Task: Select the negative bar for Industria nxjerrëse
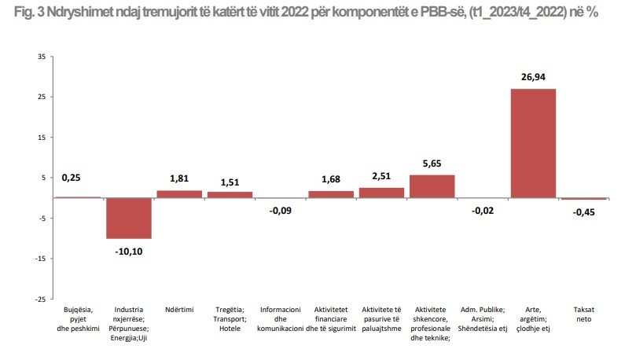pyautogui.click(x=129, y=217)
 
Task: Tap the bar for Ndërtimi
pyautogui.click(x=179, y=193)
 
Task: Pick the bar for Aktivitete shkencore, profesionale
pyautogui.click(x=432, y=186)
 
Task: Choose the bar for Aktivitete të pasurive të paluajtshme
pyautogui.click(x=381, y=192)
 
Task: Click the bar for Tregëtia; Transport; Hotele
pyautogui.click(x=230, y=194)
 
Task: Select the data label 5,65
pyautogui.click(x=432, y=163)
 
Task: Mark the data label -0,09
pyautogui.click(x=281, y=210)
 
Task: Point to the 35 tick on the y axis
pyautogui.click(x=41, y=57)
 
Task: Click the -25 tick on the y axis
pyautogui.click(x=39, y=299)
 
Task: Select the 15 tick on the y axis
pyautogui.click(x=41, y=137)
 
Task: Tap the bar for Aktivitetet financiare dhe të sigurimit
pyautogui.click(x=331, y=193)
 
